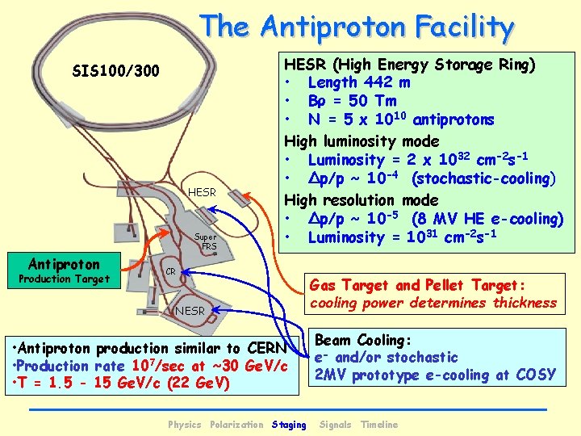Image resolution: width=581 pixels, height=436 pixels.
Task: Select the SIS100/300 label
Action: click(x=116, y=72)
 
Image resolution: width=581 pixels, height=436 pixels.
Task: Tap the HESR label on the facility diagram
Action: click(x=202, y=192)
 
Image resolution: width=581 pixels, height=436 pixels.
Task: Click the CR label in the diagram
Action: click(x=170, y=273)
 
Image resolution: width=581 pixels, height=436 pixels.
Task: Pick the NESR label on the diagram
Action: click(x=190, y=311)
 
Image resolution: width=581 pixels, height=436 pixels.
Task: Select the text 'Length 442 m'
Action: click(x=359, y=82)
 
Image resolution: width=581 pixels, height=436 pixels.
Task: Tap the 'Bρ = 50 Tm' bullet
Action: click(x=352, y=101)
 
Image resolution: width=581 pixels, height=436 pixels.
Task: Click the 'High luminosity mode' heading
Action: click(x=361, y=141)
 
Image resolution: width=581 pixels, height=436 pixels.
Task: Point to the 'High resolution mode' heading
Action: click(x=361, y=199)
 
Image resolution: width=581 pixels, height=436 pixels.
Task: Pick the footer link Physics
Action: click(x=184, y=425)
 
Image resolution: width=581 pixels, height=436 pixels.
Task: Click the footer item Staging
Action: click(x=289, y=425)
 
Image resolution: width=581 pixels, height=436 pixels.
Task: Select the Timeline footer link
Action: click(x=379, y=425)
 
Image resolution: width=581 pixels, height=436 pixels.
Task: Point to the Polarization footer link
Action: click(x=236, y=425)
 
